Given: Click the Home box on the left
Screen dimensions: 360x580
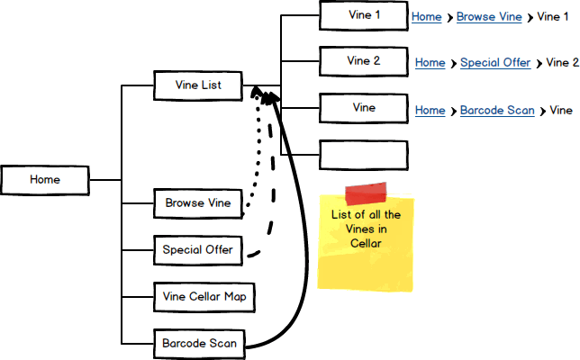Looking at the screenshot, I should click(x=45, y=180).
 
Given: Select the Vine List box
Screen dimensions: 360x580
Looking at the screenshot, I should click(x=198, y=86).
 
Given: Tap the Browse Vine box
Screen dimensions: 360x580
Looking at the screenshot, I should click(x=198, y=203).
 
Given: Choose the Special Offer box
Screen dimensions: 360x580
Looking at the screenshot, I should click(x=198, y=249).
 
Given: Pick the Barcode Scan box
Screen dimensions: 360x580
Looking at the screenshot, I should click(x=198, y=343).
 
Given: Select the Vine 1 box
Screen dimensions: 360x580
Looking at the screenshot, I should click(x=364, y=15).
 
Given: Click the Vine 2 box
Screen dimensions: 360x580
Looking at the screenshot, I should click(x=364, y=61).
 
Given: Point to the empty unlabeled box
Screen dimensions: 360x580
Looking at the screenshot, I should click(x=364, y=155).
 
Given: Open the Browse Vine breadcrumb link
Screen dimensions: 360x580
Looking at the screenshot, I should click(x=490, y=17).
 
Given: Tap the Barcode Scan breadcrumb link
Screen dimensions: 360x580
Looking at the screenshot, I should click(x=497, y=111).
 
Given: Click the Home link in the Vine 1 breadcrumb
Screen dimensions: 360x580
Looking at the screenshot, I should click(x=426, y=17).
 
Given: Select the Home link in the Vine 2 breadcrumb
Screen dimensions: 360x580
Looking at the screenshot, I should click(x=430, y=63).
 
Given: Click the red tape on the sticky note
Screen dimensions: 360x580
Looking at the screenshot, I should click(x=365, y=193).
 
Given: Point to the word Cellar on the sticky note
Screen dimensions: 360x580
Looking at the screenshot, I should click(x=367, y=243).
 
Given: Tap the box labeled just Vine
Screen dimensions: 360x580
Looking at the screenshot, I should click(x=364, y=108).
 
